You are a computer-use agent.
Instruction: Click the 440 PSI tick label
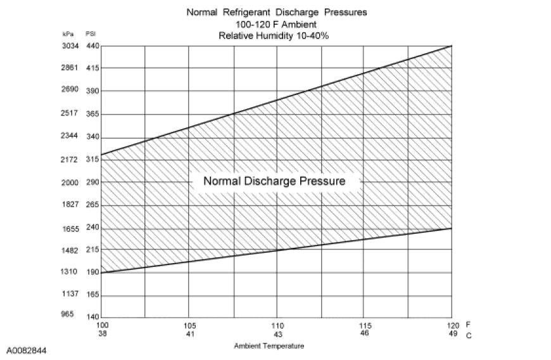(92, 46)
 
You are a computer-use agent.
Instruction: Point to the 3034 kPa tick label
(69, 46)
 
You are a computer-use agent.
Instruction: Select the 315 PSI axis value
(92, 160)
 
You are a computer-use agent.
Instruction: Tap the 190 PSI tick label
(92, 273)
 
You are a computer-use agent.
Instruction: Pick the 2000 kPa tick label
(69, 182)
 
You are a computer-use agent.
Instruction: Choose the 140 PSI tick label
(92, 317)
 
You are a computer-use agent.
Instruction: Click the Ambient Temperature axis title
(269, 346)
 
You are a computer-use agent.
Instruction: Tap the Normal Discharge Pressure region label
(274, 181)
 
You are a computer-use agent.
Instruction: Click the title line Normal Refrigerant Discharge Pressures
(277, 12)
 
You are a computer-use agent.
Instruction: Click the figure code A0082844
(27, 350)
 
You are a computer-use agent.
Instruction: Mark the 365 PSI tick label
(92, 114)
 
